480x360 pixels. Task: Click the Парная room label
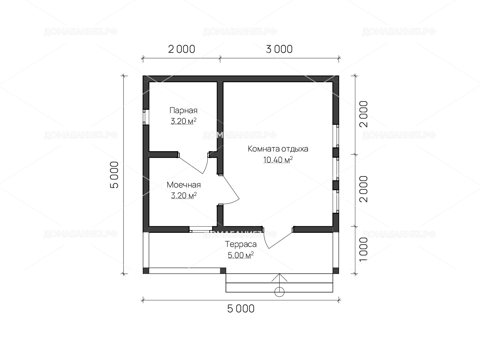point(183,110)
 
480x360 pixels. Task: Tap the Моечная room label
point(184,185)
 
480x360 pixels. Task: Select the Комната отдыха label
point(278,149)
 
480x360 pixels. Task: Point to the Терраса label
point(241,244)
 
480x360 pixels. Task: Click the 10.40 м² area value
point(278,160)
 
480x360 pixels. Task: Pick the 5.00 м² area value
point(241,255)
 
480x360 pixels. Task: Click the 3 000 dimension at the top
point(279,49)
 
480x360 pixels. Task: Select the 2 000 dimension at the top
point(181,49)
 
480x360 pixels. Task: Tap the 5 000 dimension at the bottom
point(241,309)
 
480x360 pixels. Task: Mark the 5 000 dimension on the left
point(114,175)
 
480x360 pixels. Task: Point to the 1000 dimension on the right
point(364,249)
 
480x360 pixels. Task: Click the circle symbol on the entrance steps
point(279,292)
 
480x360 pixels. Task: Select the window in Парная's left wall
point(144,117)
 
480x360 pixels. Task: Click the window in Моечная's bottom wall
point(201,229)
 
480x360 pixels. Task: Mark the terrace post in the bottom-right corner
point(336,271)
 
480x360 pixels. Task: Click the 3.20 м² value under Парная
point(184,121)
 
